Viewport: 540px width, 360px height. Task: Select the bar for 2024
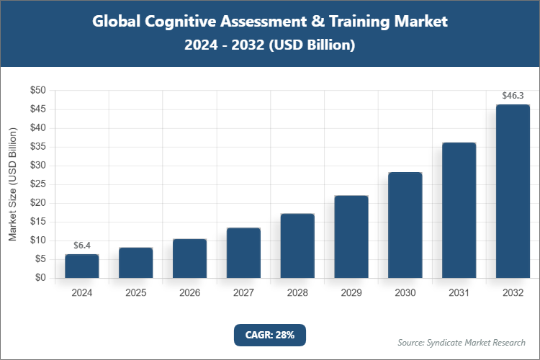click(82, 266)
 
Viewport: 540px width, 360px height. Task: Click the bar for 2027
click(243, 253)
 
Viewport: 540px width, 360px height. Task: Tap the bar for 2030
click(405, 225)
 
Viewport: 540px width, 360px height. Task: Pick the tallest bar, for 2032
click(513, 192)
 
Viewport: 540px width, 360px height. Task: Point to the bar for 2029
click(351, 237)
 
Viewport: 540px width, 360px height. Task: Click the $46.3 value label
click(513, 95)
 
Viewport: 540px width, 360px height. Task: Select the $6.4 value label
click(82, 245)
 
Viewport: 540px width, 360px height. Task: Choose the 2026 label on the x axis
click(189, 293)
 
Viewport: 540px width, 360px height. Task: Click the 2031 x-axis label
click(459, 293)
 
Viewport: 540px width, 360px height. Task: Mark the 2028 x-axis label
click(297, 293)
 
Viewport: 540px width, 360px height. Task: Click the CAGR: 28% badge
click(270, 335)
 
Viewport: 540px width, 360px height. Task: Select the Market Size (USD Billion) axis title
click(12, 184)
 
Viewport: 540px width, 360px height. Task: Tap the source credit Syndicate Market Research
click(462, 342)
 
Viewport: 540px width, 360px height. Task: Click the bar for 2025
click(136, 263)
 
